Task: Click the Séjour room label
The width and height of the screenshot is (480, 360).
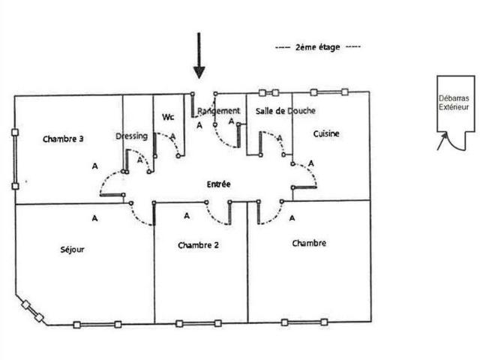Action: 72,250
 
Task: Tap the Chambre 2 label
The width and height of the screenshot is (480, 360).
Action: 198,245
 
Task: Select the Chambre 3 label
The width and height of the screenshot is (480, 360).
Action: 63,139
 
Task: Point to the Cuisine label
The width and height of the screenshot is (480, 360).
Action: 326,133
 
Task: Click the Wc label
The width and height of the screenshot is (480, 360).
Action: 168,117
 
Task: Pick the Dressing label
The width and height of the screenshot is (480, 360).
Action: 132,136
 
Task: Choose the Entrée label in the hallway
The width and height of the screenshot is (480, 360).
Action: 218,184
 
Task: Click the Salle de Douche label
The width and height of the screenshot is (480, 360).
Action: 285,111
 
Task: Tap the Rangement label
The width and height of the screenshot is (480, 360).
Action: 218,111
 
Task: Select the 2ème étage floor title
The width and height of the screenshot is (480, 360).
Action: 318,47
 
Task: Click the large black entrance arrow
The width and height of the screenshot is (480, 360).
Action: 199,55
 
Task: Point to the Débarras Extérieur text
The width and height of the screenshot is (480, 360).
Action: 454,103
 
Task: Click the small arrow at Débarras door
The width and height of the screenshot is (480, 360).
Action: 442,141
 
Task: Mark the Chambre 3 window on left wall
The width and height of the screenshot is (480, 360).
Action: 15,160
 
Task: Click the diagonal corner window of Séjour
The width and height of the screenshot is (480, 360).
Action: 32,311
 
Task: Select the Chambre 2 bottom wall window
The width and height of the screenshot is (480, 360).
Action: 199,323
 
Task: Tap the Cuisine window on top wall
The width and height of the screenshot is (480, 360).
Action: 329,91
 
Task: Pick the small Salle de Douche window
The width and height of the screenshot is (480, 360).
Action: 268,92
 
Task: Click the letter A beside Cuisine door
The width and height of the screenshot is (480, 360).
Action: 311,163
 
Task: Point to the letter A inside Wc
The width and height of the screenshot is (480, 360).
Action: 173,136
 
